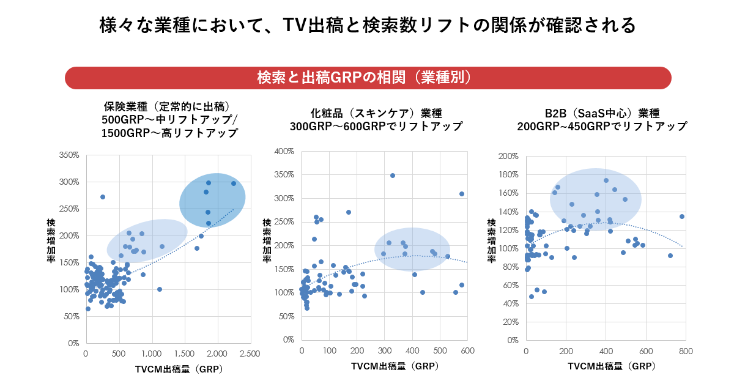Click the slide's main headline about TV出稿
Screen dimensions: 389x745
pos(368,26)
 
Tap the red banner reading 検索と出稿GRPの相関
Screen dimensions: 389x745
pos(368,78)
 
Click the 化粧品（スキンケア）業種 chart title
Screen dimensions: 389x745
pos(376,119)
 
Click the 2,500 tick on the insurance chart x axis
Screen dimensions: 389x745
pos(250,354)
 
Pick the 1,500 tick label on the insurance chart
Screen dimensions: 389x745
pos(184,354)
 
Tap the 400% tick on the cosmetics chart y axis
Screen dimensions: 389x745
pos(284,151)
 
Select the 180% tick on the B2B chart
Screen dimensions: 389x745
pos(509,175)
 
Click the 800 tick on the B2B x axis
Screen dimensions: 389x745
pos(686,351)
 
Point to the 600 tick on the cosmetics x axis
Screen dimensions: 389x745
pos(467,350)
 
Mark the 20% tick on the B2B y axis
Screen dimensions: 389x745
pos(511,322)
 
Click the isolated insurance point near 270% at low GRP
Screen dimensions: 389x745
pos(103,197)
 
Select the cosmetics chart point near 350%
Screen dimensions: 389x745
pos(393,176)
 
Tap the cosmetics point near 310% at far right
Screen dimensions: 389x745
pos(462,194)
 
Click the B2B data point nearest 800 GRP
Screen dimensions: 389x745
pos(682,217)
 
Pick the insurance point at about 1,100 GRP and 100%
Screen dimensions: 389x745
pos(160,289)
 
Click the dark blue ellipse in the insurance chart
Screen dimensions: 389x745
pos(212,201)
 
